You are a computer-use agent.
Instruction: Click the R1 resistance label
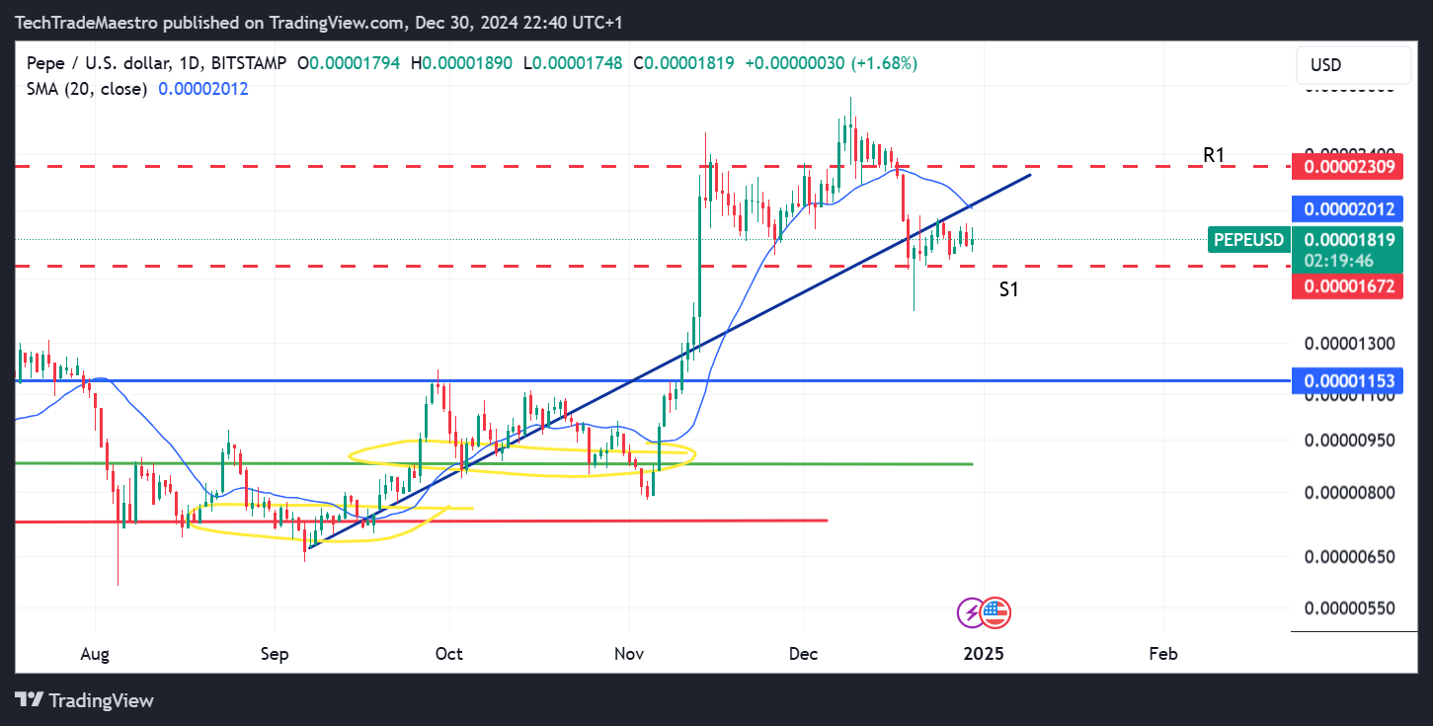click(x=1213, y=155)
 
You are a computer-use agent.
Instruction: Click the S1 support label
click(x=1008, y=289)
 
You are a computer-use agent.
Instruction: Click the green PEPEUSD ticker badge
click(x=1248, y=239)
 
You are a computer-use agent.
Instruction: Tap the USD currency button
click(x=1325, y=65)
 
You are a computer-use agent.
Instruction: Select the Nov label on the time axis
click(x=629, y=653)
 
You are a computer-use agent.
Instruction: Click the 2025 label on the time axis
click(x=984, y=653)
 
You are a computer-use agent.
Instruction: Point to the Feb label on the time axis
click(x=1163, y=653)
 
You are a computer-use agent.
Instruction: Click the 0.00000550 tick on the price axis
click(x=1349, y=607)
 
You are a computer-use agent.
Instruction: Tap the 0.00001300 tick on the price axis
click(x=1349, y=344)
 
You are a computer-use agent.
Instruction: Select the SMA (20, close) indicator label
click(x=87, y=89)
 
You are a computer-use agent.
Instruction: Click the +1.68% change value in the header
click(x=887, y=63)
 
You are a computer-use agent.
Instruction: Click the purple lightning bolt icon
click(x=972, y=612)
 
